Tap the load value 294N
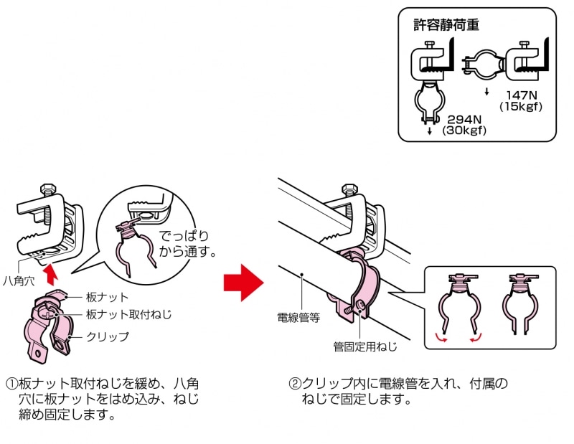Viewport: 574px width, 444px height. pos(461,118)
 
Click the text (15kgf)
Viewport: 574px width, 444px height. pos(521,107)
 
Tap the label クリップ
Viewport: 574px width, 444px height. pos(108,336)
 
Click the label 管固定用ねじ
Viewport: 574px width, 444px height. pos(364,346)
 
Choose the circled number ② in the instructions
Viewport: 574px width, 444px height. pos(294,384)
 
